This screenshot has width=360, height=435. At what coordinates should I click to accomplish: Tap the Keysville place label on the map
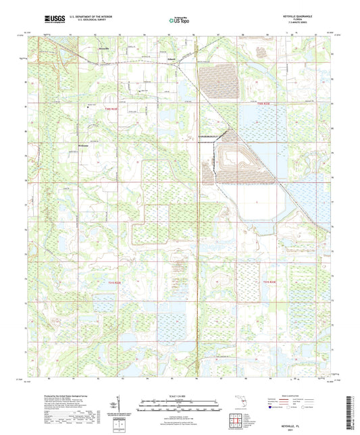coord(103,48)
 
